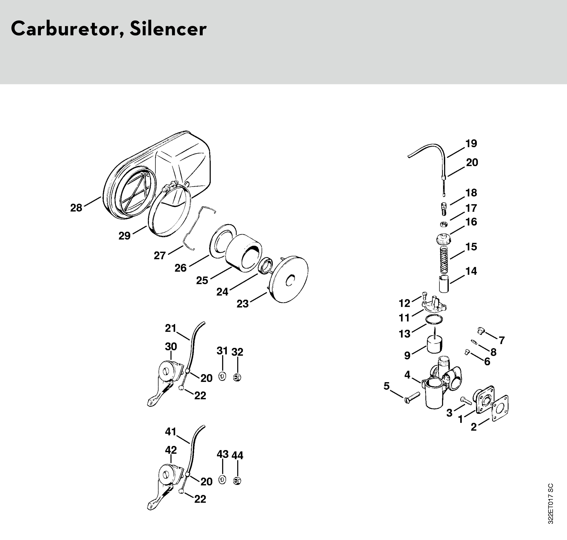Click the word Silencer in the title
point(168,29)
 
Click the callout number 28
point(76,208)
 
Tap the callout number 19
point(471,143)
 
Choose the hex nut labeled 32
point(237,377)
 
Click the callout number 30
point(171,346)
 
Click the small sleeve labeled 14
point(444,284)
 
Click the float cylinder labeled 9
point(434,345)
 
